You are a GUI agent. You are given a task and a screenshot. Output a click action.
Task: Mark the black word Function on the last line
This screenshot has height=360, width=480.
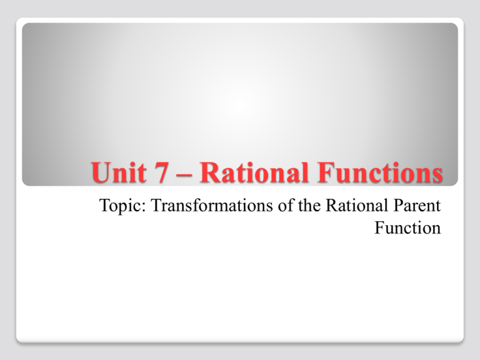(x=407, y=229)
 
